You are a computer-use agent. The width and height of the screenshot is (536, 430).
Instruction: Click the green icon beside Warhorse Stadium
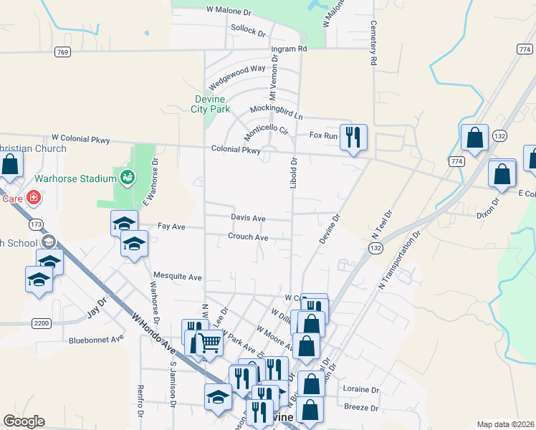coord(128,177)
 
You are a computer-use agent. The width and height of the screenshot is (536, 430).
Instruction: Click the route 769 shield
coord(62,52)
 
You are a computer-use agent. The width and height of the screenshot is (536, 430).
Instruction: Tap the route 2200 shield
coord(42,323)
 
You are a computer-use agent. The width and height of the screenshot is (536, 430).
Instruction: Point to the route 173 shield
coord(36,224)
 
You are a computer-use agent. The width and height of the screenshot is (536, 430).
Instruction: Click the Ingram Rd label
coord(289,49)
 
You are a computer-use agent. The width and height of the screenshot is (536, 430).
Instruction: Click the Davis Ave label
coord(248,217)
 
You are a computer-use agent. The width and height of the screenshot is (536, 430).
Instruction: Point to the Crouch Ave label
coord(248,237)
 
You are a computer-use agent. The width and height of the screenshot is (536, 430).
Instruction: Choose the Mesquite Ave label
coord(178,276)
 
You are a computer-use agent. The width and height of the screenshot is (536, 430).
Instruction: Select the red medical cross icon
coord(32,197)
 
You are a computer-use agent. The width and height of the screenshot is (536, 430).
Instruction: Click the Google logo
coord(24,421)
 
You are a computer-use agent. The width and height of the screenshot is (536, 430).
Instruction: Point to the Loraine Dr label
coord(361,390)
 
